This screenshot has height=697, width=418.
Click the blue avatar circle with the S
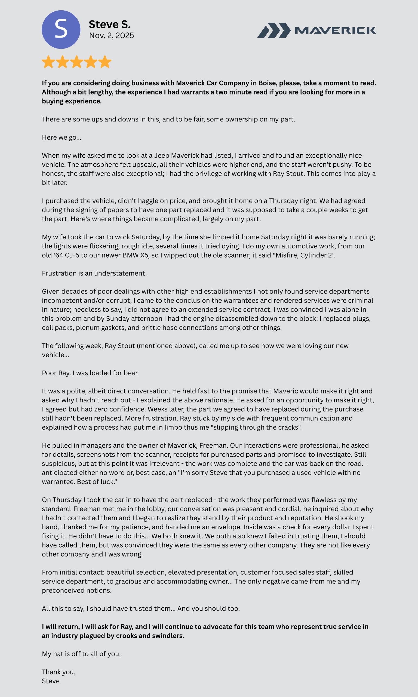tap(61, 30)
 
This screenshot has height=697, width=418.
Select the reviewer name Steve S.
tap(110, 25)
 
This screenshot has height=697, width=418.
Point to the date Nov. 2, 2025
tap(111, 35)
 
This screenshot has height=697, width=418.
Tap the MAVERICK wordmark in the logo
tap(335, 30)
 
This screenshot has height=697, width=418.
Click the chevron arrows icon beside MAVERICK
tap(273, 30)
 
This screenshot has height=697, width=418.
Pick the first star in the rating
tap(48, 62)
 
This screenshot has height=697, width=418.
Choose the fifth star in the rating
tap(105, 62)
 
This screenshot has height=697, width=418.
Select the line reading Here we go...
tap(62, 137)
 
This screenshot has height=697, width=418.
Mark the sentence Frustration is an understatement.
tap(94, 273)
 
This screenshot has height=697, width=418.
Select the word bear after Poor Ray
tap(131, 373)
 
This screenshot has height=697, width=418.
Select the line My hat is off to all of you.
tap(81, 654)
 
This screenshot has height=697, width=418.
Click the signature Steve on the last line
tap(51, 681)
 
